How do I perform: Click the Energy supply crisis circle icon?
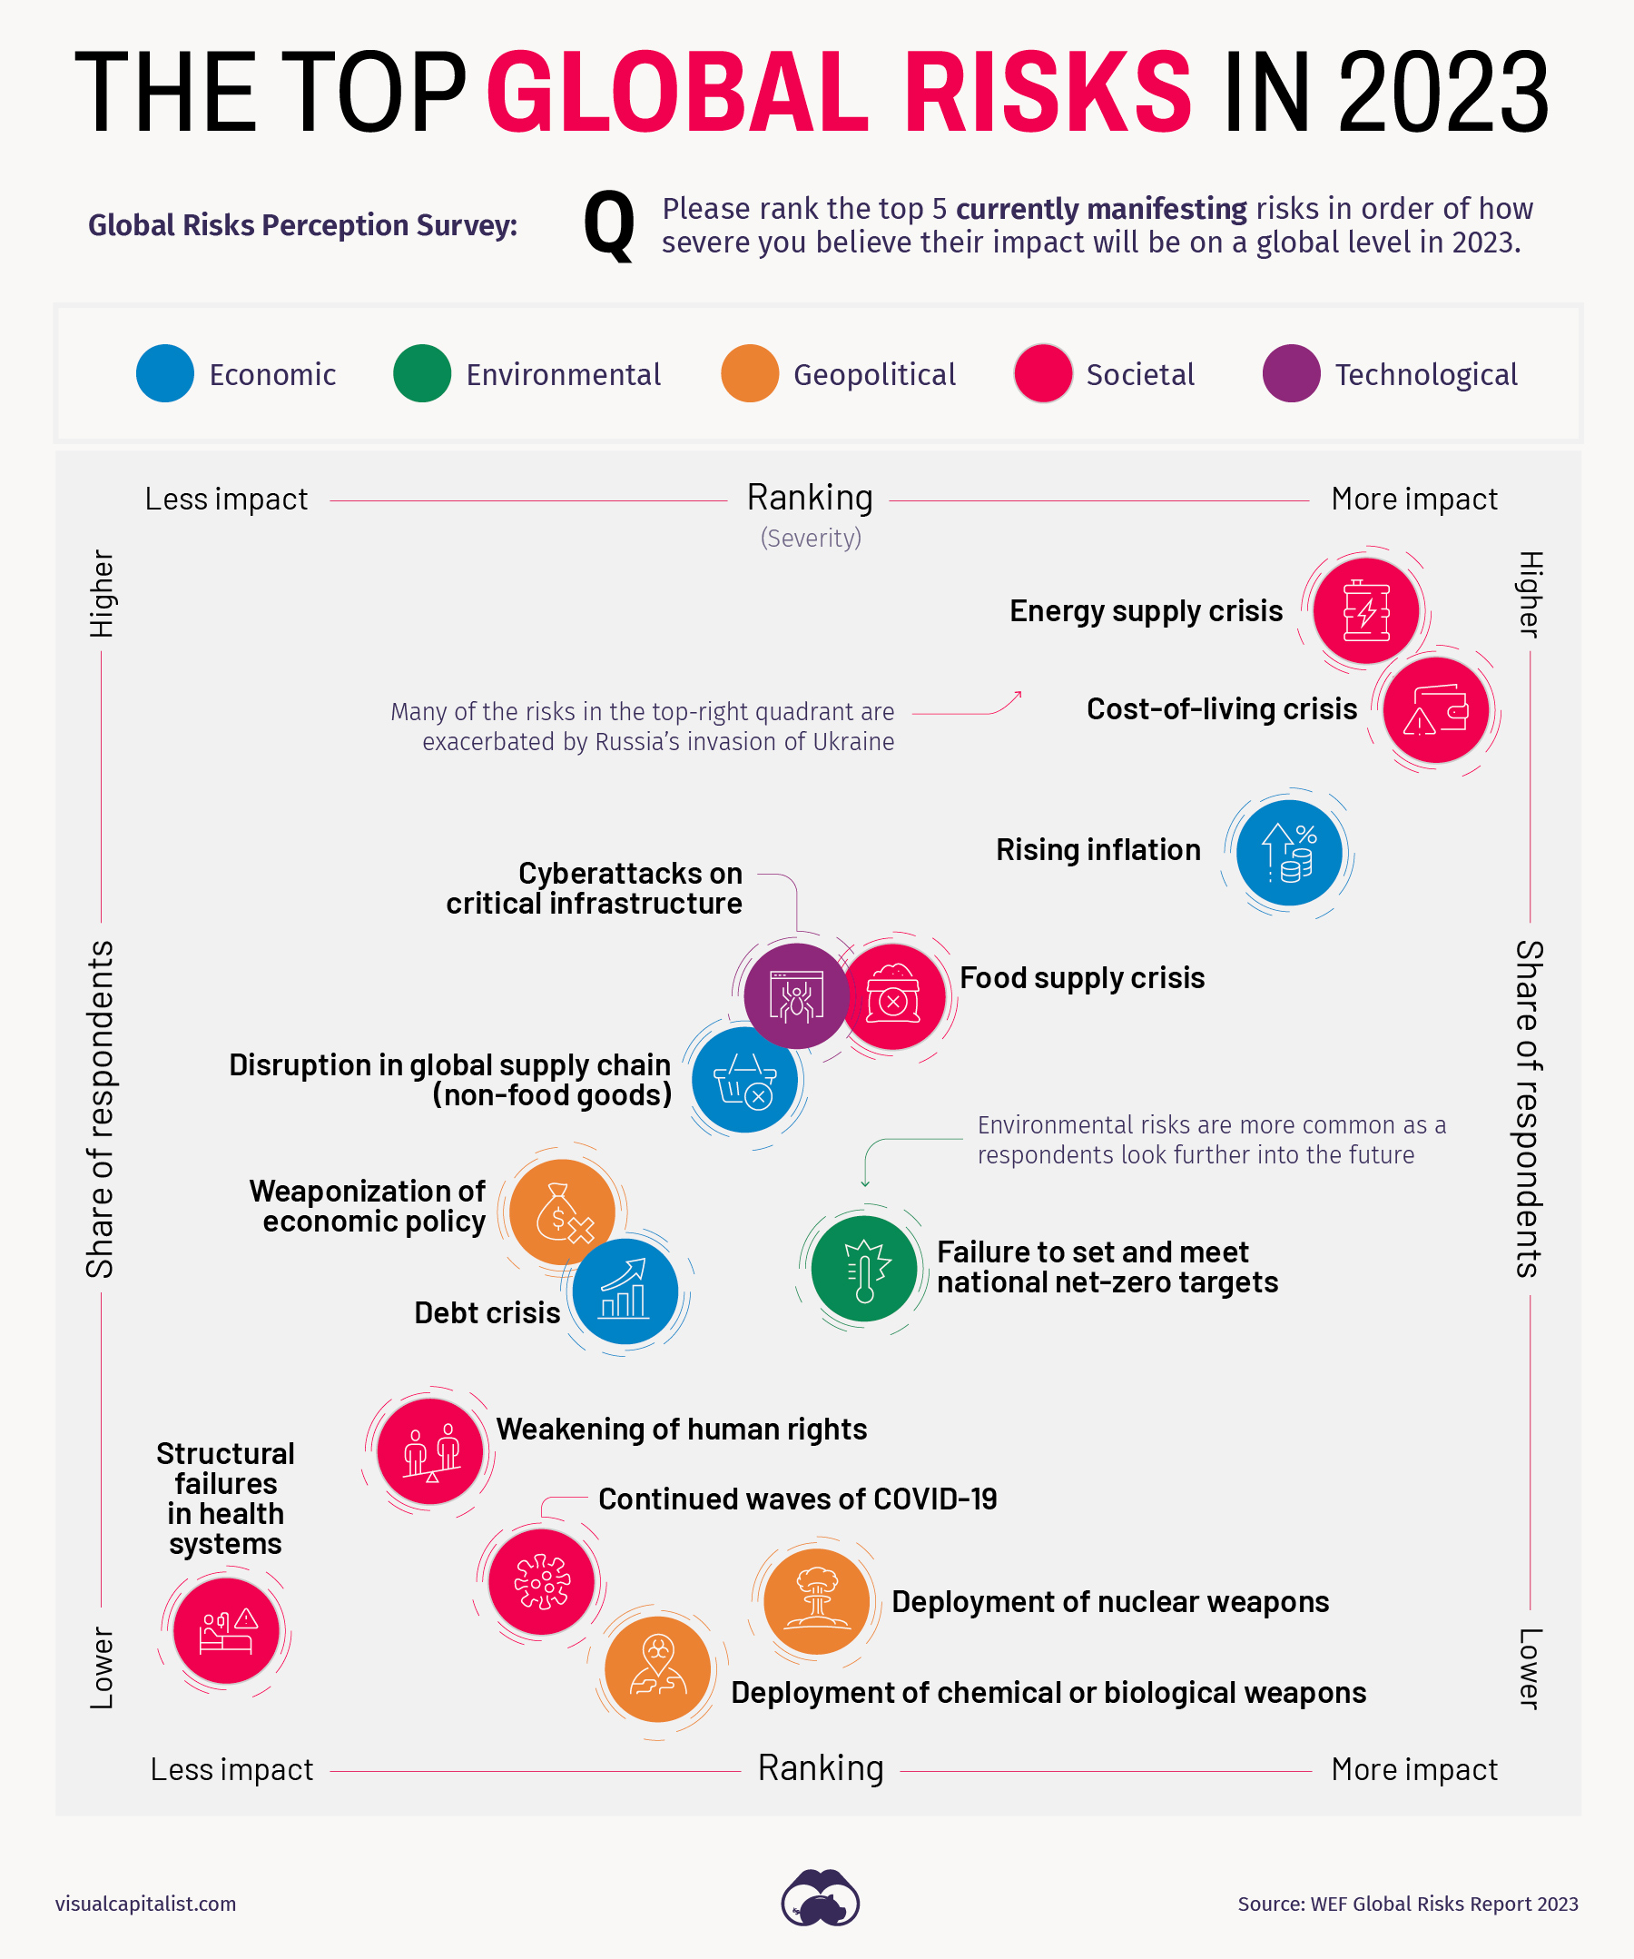[1366, 611]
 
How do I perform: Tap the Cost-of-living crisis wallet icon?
[1435, 710]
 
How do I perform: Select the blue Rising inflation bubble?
[1289, 853]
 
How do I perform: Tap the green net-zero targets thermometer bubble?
[863, 1269]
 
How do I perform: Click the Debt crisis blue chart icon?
[625, 1291]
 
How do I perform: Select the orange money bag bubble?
[561, 1212]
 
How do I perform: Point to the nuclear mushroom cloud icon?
[817, 1602]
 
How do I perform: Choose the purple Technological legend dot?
[1291, 374]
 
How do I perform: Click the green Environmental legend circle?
[421, 374]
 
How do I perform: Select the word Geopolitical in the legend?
[874, 375]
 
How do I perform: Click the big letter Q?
[609, 225]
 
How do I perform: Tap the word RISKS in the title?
[1047, 93]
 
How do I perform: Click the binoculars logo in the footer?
[820, 1898]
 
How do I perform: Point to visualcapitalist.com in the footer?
[145, 1904]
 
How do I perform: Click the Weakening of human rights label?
[681, 1430]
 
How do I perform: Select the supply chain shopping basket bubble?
[744, 1080]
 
